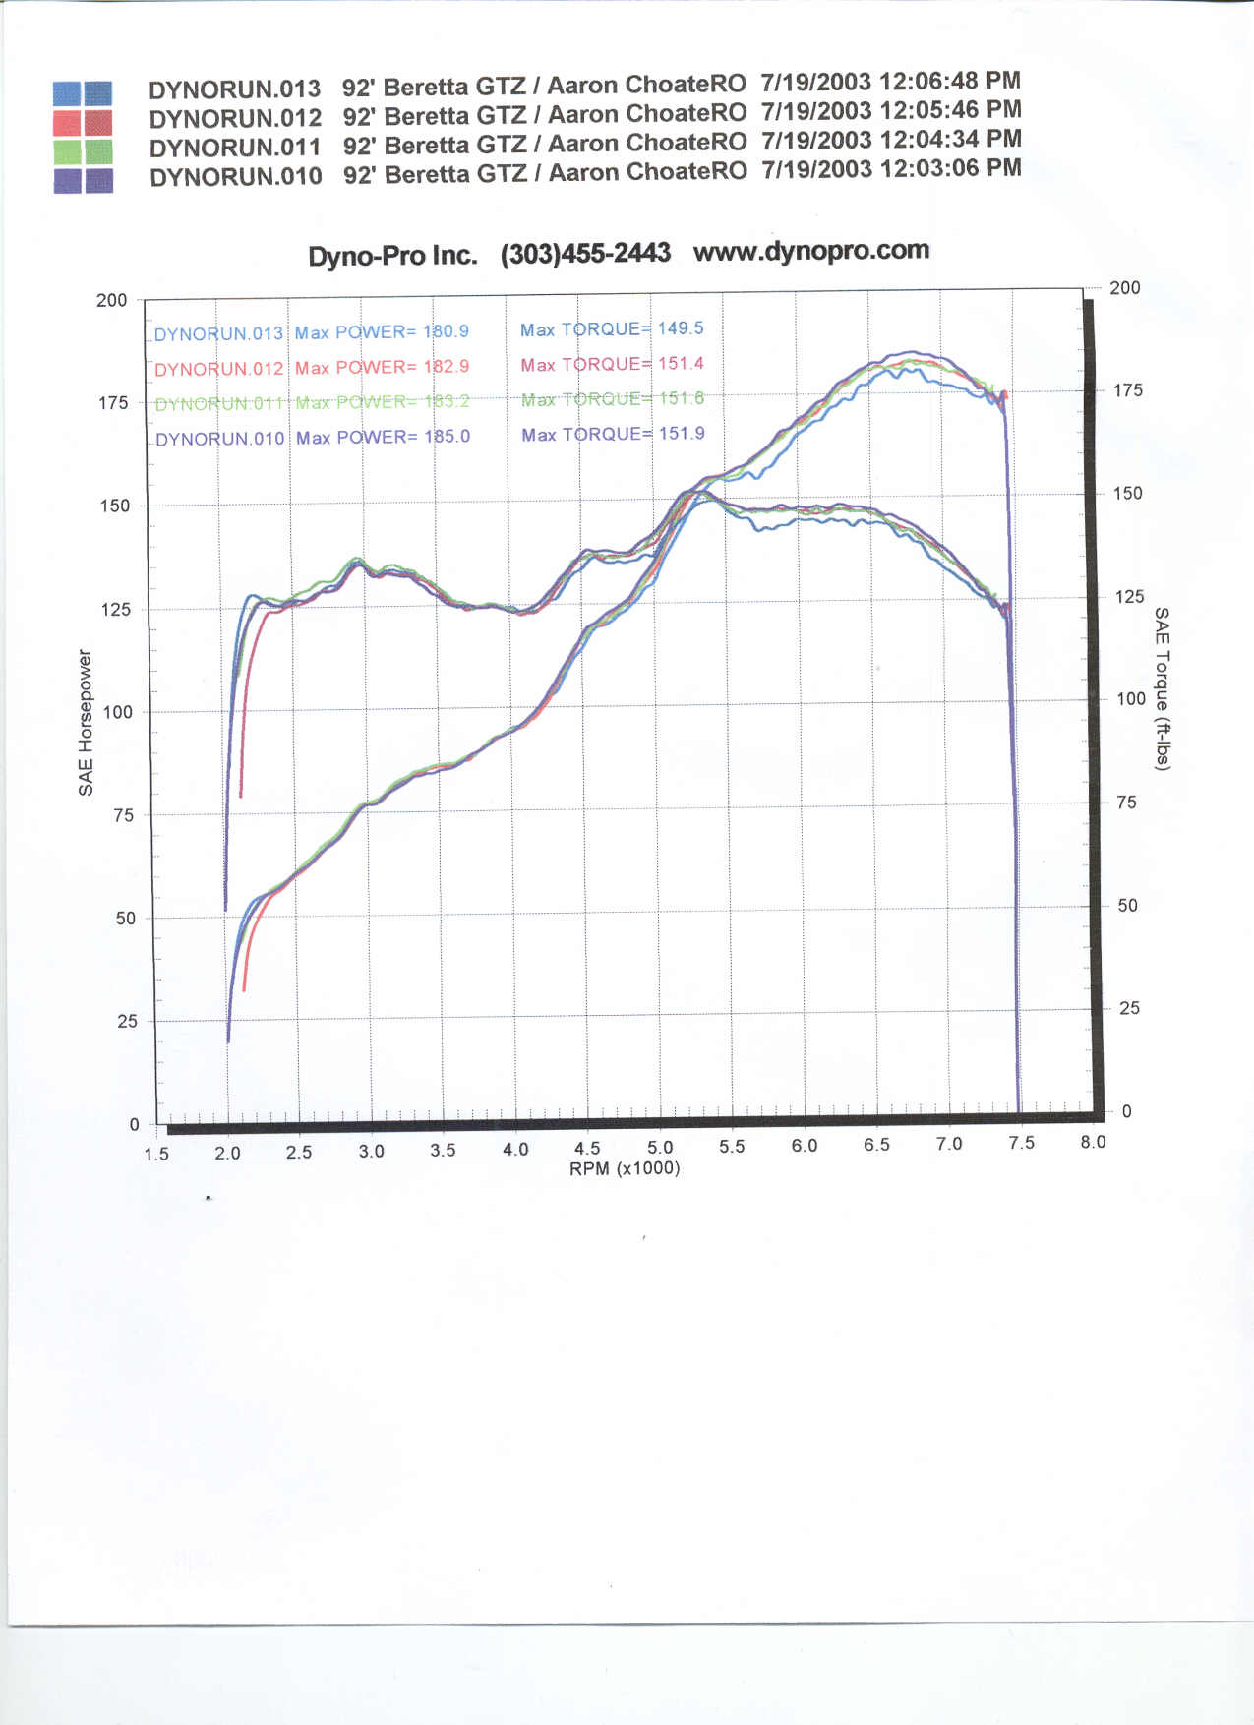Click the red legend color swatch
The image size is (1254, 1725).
(x=83, y=123)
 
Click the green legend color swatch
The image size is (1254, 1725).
(x=83, y=151)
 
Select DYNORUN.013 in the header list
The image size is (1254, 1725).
(x=234, y=89)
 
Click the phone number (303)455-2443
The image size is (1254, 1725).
(x=585, y=254)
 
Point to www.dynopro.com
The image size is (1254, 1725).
(x=810, y=251)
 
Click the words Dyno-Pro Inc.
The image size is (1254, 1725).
(x=392, y=256)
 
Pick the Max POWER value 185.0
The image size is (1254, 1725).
(x=447, y=436)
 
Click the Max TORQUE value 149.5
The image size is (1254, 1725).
(x=681, y=328)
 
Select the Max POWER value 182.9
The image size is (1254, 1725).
(x=446, y=366)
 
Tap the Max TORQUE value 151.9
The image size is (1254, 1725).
(x=682, y=433)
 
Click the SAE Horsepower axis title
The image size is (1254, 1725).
(x=86, y=722)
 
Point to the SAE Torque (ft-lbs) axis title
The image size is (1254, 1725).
(x=1162, y=687)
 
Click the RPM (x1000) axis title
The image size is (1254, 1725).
(x=625, y=1168)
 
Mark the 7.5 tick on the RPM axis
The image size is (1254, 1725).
(x=1021, y=1143)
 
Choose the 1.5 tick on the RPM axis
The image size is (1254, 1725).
(x=156, y=1154)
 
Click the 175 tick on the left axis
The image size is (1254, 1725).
(x=113, y=402)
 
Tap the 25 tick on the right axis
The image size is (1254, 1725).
(x=1129, y=1008)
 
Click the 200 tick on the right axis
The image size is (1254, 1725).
(x=1124, y=287)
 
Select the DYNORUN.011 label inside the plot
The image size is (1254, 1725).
(x=218, y=403)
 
